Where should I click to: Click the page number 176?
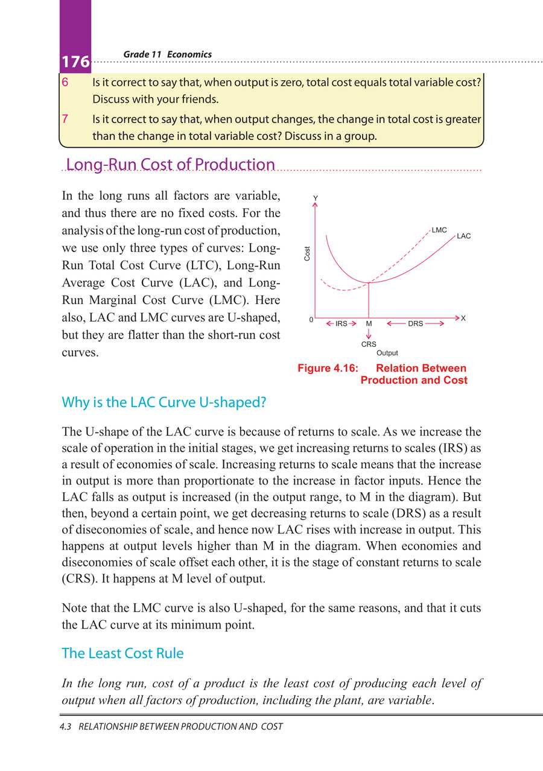[x=75, y=62]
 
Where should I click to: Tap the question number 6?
[x=65, y=82]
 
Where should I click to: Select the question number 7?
[x=65, y=119]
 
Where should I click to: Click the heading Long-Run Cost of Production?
[x=170, y=165]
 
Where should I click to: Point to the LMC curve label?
[x=439, y=230]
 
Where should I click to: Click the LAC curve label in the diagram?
[x=463, y=236]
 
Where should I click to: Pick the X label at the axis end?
[x=463, y=318]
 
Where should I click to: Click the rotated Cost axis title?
[x=307, y=254]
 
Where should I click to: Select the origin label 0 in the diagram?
[x=311, y=320]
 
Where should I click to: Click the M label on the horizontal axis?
[x=368, y=324]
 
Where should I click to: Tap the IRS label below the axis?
[x=341, y=324]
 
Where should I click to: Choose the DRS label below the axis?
[x=415, y=324]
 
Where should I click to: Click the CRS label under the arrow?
[x=369, y=344]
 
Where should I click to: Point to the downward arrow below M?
[x=368, y=334]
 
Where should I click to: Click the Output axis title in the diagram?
[x=387, y=353]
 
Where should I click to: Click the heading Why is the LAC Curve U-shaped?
[x=164, y=403]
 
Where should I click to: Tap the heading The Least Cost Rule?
[x=123, y=653]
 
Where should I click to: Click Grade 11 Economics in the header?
[x=167, y=54]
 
